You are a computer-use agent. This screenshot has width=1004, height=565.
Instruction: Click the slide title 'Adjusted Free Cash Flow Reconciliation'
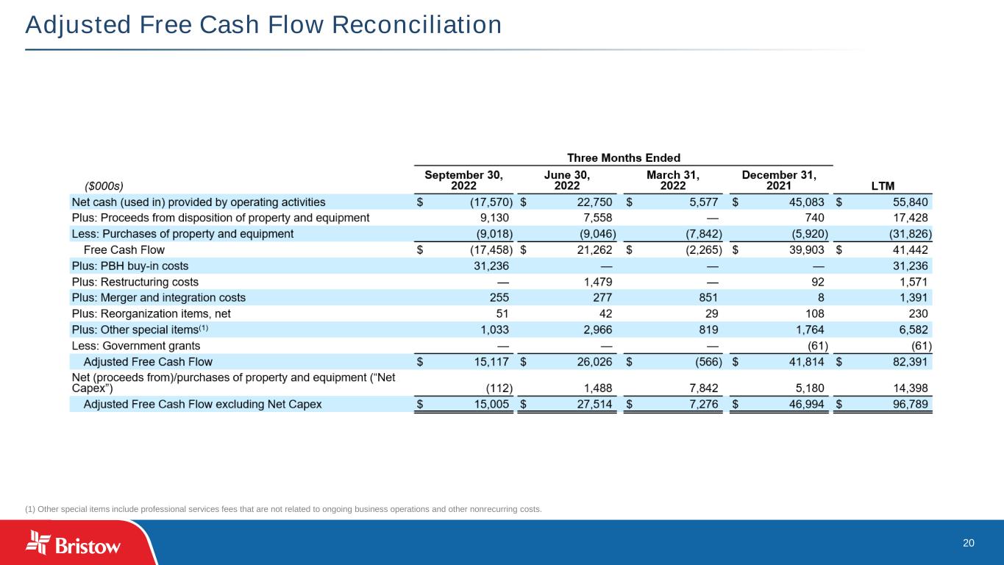click(x=263, y=26)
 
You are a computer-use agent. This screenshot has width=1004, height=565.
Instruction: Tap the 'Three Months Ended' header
click(x=624, y=157)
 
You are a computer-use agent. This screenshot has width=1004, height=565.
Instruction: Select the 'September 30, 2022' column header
click(x=464, y=180)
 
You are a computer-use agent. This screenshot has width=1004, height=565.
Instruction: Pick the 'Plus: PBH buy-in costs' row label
click(x=130, y=266)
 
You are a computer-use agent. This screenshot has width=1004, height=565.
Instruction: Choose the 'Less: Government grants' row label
click(x=135, y=346)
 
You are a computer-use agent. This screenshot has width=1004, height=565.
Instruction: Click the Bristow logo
click(x=74, y=545)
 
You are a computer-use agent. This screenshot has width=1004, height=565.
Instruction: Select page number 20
click(x=969, y=543)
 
